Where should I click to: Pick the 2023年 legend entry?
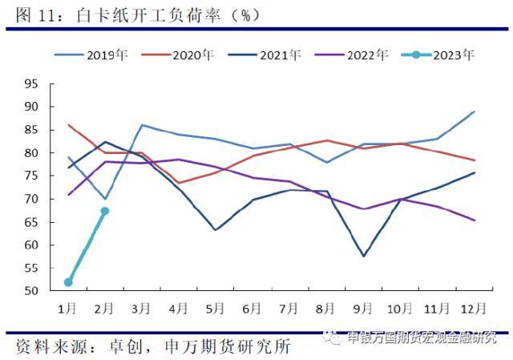click(x=440, y=55)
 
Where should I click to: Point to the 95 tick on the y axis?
click(x=31, y=83)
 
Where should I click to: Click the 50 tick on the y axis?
click(x=31, y=291)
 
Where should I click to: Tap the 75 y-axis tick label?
click(x=31, y=176)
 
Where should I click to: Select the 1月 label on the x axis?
click(x=69, y=307)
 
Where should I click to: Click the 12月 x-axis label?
click(x=472, y=307)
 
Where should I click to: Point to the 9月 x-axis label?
click(x=364, y=307)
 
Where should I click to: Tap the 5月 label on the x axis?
click(x=216, y=307)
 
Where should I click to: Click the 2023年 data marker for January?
click(x=69, y=282)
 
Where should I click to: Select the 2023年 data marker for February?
click(x=105, y=211)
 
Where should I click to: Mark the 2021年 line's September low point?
click(x=365, y=256)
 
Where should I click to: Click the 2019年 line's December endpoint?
click(x=475, y=111)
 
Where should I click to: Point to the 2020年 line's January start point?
click(x=69, y=125)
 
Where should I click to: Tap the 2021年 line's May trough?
click(x=216, y=230)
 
